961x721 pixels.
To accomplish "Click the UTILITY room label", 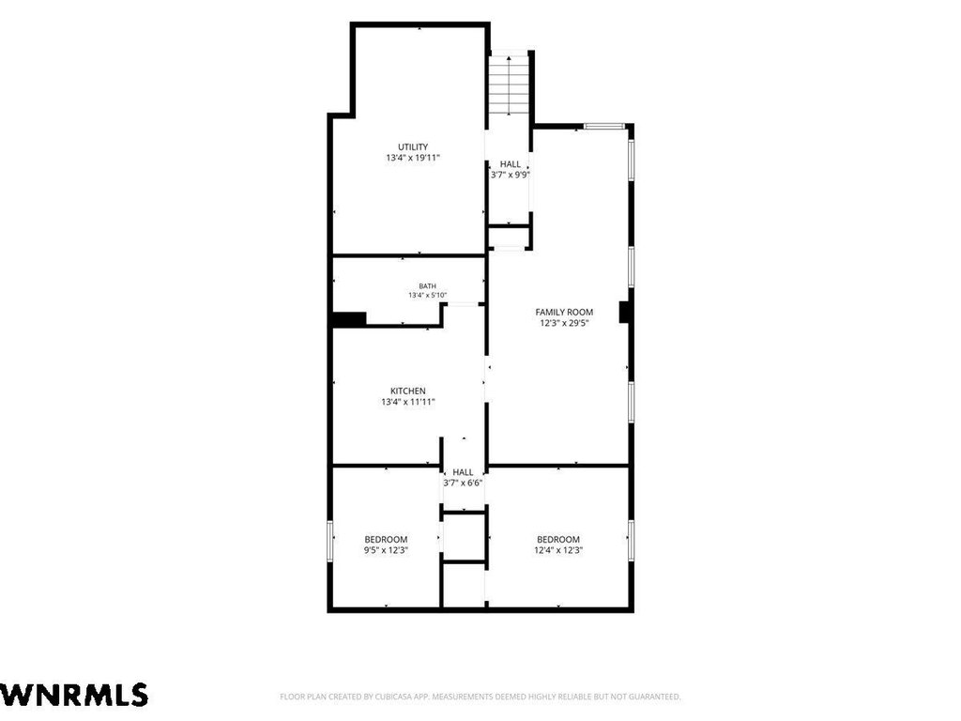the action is (x=413, y=147).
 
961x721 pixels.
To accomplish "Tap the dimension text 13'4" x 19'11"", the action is (x=413, y=158).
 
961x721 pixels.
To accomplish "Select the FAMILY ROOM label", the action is (x=564, y=312).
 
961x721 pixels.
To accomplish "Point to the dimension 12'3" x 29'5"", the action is (x=564, y=323).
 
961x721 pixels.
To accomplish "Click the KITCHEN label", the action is (x=408, y=391).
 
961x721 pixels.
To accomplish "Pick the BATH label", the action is (x=428, y=286).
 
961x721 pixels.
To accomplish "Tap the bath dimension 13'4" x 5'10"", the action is (x=428, y=295).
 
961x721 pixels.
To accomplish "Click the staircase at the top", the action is (x=509, y=84).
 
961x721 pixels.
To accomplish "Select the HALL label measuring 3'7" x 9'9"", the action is (x=511, y=164).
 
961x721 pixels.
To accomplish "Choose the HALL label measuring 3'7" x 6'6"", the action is (x=464, y=472).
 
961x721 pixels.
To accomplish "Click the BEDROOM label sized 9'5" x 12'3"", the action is (x=386, y=540).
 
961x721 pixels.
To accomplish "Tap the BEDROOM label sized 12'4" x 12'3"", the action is (x=558, y=540).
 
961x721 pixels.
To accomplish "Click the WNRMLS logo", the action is (x=73, y=696).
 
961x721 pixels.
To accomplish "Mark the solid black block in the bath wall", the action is (x=349, y=319).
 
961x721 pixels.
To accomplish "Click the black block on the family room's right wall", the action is (x=624, y=312).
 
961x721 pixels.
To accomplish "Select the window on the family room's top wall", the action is (x=603, y=127).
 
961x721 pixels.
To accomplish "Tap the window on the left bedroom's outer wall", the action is (x=329, y=541).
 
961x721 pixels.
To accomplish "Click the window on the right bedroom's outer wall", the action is (x=632, y=541).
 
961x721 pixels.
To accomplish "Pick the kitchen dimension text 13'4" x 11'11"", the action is (x=408, y=402).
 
